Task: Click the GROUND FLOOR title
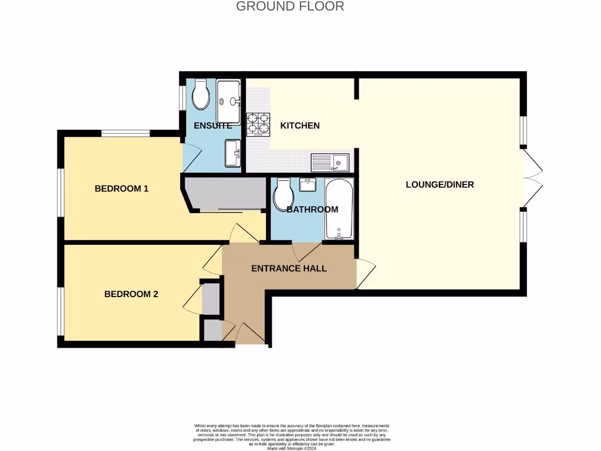290,6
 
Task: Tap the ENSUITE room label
213,126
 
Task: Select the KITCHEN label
300,125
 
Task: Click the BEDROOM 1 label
121,189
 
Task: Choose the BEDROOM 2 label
131,294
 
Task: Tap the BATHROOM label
312,209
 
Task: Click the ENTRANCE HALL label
289,268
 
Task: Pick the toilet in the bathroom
284,194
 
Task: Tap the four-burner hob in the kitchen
258,123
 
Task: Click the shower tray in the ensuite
228,94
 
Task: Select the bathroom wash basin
308,184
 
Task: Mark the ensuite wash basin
233,153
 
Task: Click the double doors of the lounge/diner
533,178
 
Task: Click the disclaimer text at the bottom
292,436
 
